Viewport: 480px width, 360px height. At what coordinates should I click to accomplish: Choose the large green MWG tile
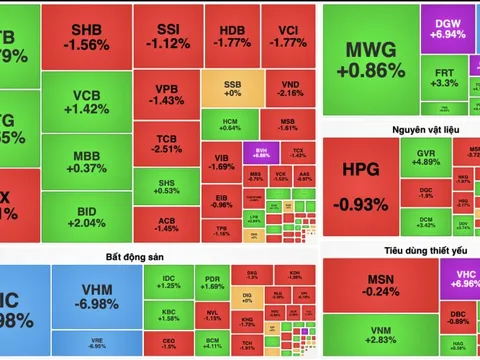[370, 60]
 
